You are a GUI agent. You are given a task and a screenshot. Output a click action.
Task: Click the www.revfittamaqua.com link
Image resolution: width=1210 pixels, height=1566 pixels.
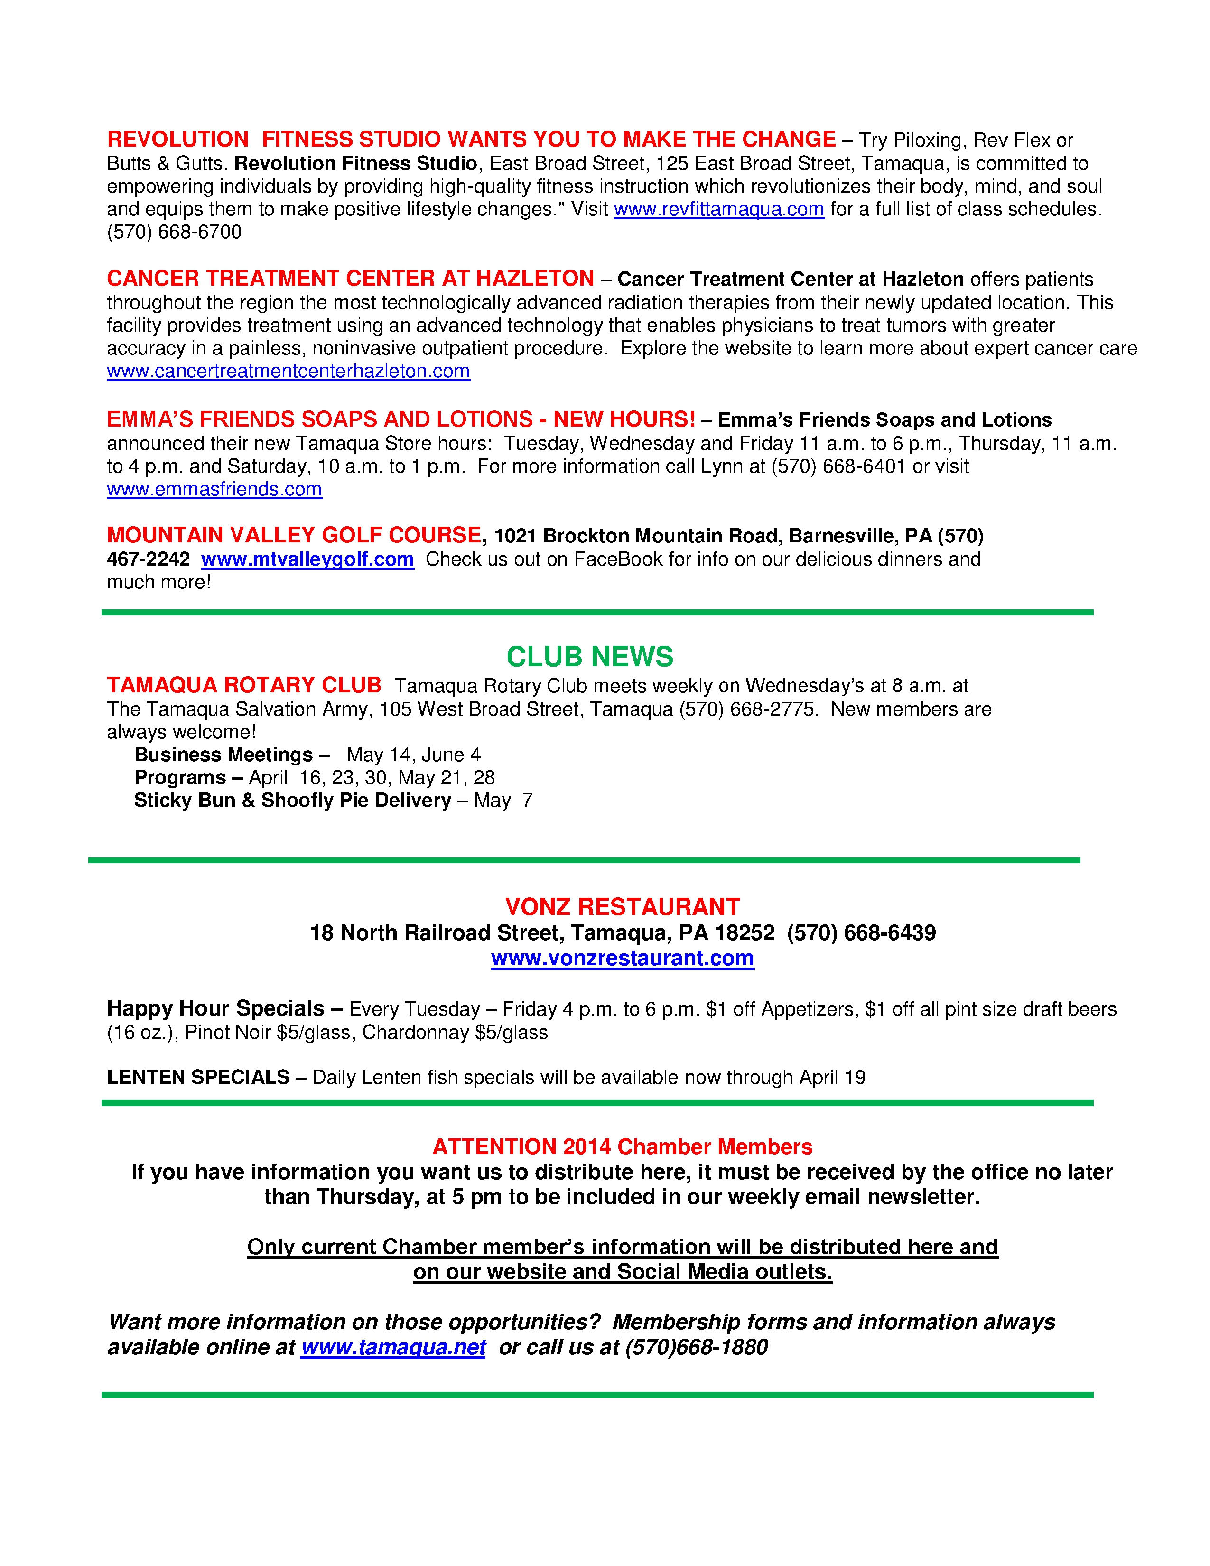coord(718,209)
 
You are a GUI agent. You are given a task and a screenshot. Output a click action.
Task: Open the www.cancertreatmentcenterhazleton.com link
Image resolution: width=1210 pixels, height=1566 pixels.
coord(288,372)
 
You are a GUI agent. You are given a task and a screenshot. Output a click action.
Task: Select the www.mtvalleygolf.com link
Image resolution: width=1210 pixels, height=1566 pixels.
coord(307,559)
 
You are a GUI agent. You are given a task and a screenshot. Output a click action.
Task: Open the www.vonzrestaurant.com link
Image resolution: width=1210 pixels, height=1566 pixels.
coord(622,958)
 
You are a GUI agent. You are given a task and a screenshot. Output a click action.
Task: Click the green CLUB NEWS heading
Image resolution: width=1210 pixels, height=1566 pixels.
coord(589,657)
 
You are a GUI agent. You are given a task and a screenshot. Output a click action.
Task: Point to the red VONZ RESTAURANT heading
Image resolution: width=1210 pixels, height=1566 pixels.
coord(622,907)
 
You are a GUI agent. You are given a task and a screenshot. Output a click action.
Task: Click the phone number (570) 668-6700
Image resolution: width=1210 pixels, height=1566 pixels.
coord(174,233)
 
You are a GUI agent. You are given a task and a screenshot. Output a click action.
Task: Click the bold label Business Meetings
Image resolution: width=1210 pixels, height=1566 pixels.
coord(223,755)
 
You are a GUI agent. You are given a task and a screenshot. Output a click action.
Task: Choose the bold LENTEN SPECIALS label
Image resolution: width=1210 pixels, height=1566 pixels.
coord(198,1077)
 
